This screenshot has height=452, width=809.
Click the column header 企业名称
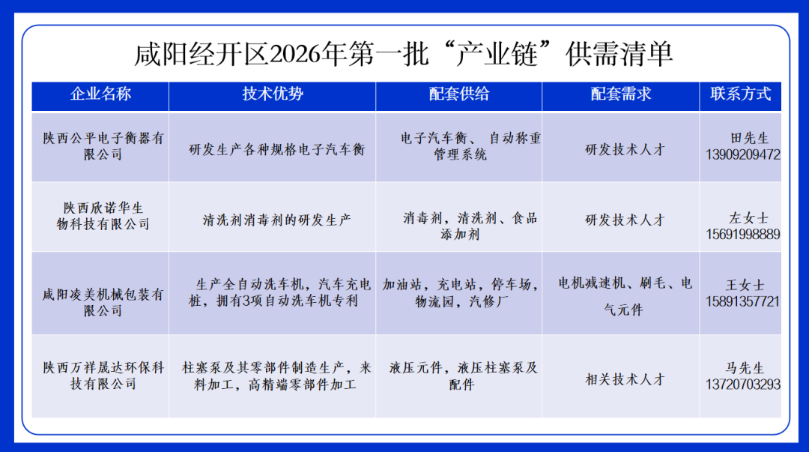100,94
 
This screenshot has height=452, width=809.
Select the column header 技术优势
273,94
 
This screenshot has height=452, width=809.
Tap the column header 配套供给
459,94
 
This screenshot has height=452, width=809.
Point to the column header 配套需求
621,94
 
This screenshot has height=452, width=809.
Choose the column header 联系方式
741,94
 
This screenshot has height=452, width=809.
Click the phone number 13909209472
742,155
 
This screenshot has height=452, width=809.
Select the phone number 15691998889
742,234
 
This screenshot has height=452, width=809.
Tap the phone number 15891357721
742,301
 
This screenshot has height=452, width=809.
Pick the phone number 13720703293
742,384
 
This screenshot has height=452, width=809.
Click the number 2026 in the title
304,54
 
